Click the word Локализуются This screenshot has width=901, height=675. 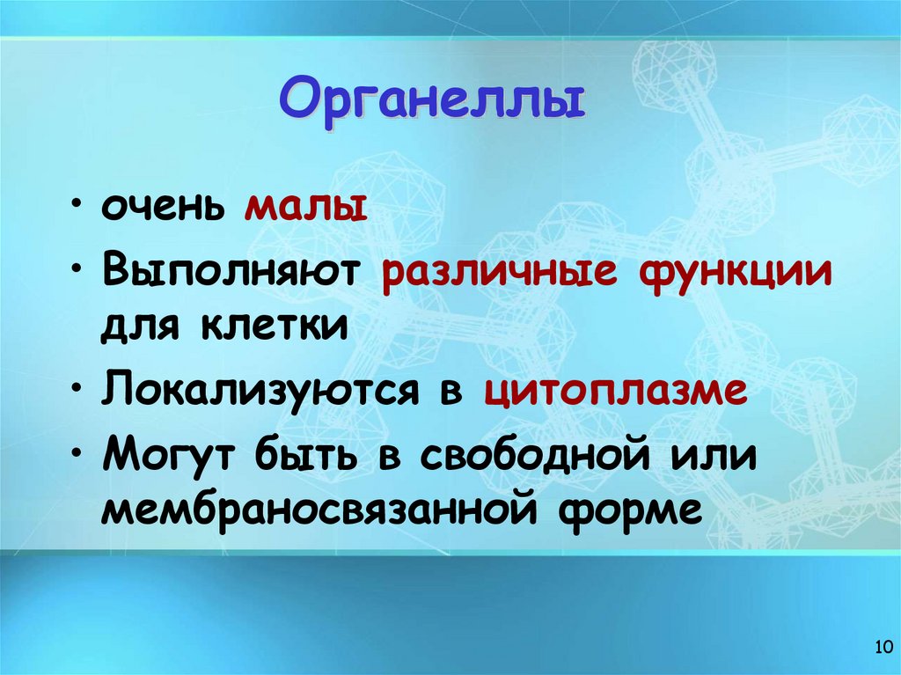(x=258, y=389)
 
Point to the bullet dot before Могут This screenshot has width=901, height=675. (x=80, y=451)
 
